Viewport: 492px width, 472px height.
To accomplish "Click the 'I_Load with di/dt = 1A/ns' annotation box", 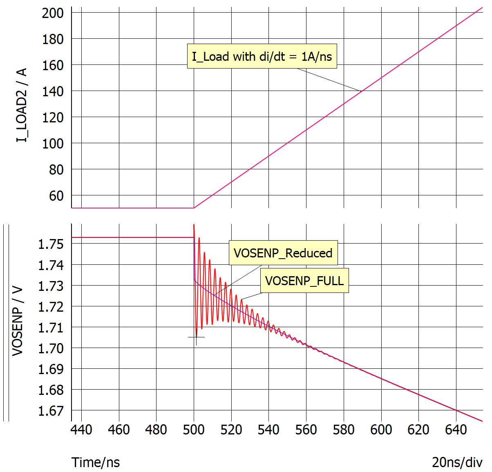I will click(262, 56).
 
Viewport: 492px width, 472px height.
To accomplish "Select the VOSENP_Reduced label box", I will click(283, 253).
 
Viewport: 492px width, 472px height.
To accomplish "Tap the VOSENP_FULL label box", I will click(304, 281).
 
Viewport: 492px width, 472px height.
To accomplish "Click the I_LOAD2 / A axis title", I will click(21, 105).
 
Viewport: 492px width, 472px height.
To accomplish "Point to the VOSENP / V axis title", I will click(17, 321).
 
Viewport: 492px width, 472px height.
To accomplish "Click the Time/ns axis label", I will click(96, 462).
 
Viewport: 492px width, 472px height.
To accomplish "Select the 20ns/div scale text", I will click(457, 462).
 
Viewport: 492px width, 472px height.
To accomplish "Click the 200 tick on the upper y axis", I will click(53, 13).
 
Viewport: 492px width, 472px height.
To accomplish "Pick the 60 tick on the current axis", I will click(56, 195).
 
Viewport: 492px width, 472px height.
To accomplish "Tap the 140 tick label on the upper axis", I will click(53, 91).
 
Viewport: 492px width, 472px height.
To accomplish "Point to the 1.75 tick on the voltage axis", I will click(51, 244).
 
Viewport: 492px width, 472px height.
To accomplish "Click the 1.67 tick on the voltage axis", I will click(51, 410).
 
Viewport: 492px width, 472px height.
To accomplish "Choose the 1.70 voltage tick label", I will click(51, 348).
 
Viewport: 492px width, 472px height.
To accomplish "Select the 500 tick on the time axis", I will click(194, 430).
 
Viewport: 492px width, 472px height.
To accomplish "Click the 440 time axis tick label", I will click(81, 430).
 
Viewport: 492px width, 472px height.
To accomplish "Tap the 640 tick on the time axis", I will click(456, 430).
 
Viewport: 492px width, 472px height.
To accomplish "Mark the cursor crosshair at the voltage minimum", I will click(196, 337).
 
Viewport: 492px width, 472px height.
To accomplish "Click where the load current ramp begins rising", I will click(194, 208).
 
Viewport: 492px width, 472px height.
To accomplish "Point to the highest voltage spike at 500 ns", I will click(194, 225).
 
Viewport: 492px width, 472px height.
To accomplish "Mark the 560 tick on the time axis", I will click(306, 430).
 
